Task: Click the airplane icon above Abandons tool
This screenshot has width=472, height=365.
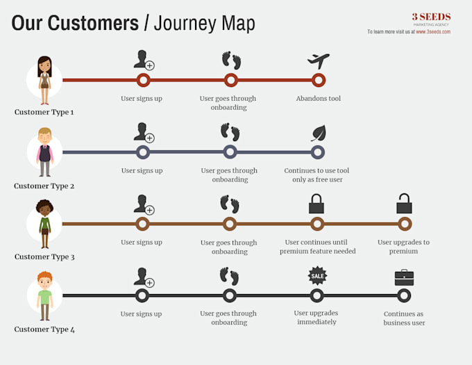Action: tap(318, 60)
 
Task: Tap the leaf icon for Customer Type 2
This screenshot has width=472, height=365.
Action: tap(319, 133)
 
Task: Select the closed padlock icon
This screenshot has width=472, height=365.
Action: tap(317, 204)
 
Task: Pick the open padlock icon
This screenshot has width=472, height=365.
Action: tap(404, 204)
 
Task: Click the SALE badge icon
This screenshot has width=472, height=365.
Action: tap(317, 275)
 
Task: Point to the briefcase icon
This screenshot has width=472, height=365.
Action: tap(404, 277)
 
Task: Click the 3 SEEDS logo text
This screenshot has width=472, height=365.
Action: tap(431, 17)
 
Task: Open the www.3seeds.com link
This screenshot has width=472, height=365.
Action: tap(433, 32)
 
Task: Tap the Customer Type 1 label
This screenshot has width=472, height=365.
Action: tap(44, 112)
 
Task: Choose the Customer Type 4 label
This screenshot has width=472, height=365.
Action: tap(44, 329)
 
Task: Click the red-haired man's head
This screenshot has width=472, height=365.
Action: tap(45, 280)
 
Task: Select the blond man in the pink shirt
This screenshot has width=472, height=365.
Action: tap(45, 152)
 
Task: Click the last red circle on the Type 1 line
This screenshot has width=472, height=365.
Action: tap(319, 80)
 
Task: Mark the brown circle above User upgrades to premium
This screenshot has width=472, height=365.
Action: tap(405, 224)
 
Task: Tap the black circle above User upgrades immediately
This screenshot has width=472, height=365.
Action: tap(317, 295)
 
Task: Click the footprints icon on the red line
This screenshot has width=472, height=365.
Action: tap(231, 60)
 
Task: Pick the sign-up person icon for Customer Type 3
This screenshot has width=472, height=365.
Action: tap(144, 204)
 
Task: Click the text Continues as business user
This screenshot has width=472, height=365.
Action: tap(404, 318)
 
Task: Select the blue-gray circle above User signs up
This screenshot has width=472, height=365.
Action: tap(143, 152)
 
